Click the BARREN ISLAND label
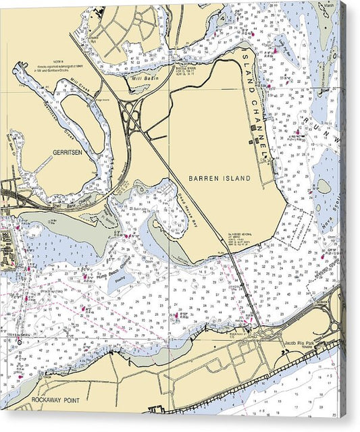click(219, 178)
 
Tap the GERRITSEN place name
click(67, 153)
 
